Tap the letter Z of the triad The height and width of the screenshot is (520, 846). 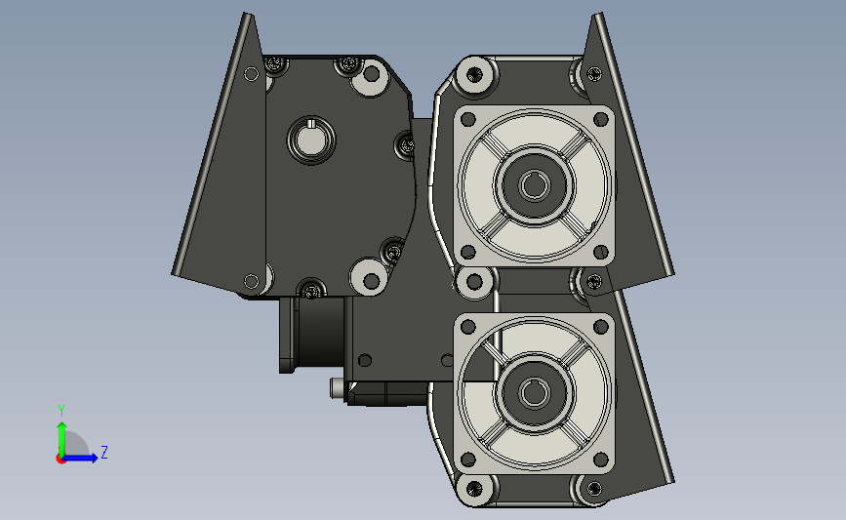pos(104,452)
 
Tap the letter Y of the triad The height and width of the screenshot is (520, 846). pos(61,411)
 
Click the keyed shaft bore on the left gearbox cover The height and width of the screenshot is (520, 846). pos(310,140)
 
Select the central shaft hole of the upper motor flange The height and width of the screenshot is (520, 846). pos(534,185)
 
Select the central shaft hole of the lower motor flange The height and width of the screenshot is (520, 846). pos(534,393)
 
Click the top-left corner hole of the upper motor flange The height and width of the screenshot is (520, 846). pos(467,119)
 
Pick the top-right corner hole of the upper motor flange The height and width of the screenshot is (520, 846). pos(600,119)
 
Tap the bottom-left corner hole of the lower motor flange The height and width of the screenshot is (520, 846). pos(467,460)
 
